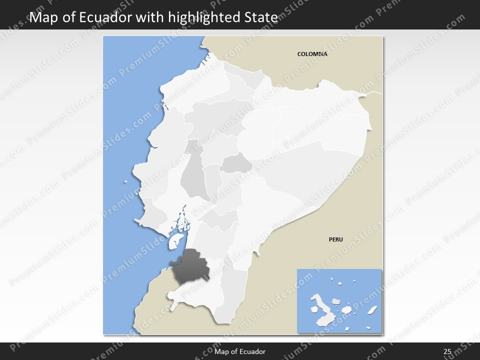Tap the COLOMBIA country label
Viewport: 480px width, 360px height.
312,54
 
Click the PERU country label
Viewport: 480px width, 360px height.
335,239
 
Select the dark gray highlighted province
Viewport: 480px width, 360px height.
190,267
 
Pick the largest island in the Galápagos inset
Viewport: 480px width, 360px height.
320,304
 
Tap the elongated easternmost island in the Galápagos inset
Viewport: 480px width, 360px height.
372,310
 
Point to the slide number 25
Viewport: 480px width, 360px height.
447,352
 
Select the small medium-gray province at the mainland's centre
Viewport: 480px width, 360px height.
236,163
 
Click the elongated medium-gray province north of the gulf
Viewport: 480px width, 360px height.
192,177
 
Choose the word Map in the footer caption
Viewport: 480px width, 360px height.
221,352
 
